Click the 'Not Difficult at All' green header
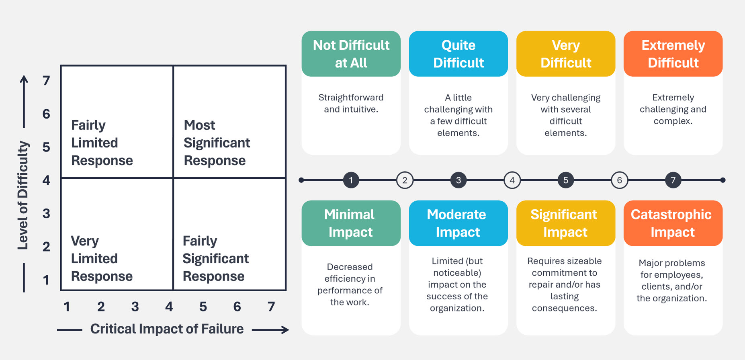[x=351, y=54]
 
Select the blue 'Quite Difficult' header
[x=458, y=54]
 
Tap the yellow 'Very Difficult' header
[x=565, y=54]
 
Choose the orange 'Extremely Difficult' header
[x=673, y=54]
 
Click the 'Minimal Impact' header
[x=351, y=223]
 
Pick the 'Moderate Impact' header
[x=458, y=223]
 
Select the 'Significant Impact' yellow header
[x=565, y=223]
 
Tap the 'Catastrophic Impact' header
[x=673, y=223]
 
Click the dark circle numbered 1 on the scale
[x=351, y=180]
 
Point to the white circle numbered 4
[x=512, y=180]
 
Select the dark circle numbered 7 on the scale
[x=673, y=180]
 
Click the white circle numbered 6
[x=619, y=180]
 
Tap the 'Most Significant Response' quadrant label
[x=217, y=143]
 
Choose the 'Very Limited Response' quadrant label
[x=102, y=258]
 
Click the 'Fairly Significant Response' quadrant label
[x=216, y=258]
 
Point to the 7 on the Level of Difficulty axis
[x=47, y=81]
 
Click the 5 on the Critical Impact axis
[x=203, y=307]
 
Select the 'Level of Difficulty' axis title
[x=23, y=195]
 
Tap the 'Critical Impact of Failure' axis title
[x=167, y=329]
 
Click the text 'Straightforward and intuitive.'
[x=351, y=103]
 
